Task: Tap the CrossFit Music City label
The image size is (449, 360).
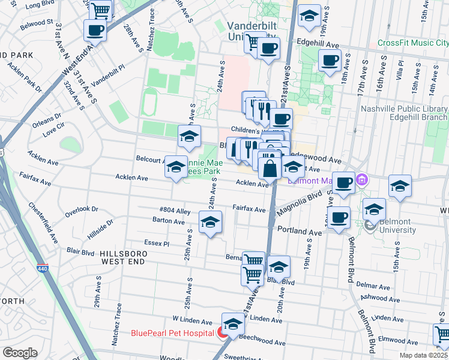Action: tap(413, 43)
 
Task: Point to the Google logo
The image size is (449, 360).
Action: tap(20, 353)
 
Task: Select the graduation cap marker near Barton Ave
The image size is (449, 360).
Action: tap(210, 223)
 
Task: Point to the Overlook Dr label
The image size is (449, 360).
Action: tap(82, 209)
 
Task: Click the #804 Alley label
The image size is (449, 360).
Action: tap(175, 211)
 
